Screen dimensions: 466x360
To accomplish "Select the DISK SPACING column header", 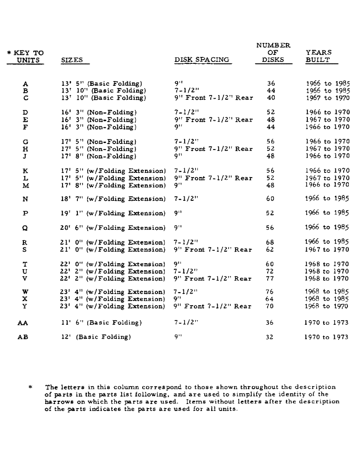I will coord(202,60).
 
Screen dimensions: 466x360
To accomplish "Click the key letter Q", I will coord(25,228).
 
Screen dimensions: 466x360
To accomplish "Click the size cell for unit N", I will coord(113,199).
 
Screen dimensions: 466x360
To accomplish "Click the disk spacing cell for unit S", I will coord(213,250).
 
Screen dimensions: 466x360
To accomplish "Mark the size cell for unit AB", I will coord(96,337).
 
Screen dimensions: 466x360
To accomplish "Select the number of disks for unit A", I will coord(271,84).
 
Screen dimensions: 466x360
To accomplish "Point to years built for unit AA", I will coord(326,322).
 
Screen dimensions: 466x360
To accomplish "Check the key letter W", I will coord(25,292).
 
